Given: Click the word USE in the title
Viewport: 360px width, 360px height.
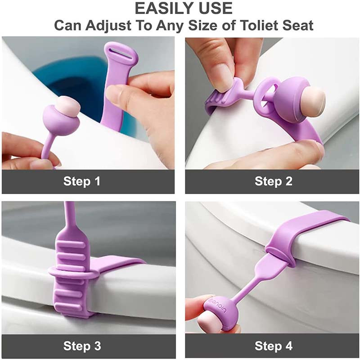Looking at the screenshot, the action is (x=213, y=8).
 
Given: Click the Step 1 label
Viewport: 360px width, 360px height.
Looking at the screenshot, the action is (x=82, y=181).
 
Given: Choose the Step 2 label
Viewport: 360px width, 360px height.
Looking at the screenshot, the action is (x=274, y=181).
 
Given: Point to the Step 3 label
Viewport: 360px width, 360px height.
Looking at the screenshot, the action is (x=82, y=346).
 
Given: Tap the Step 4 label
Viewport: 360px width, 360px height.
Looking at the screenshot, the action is (x=274, y=346).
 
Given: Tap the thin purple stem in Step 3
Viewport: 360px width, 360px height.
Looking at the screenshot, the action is (x=69, y=216).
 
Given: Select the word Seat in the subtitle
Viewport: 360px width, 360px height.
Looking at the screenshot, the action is (x=298, y=25).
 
